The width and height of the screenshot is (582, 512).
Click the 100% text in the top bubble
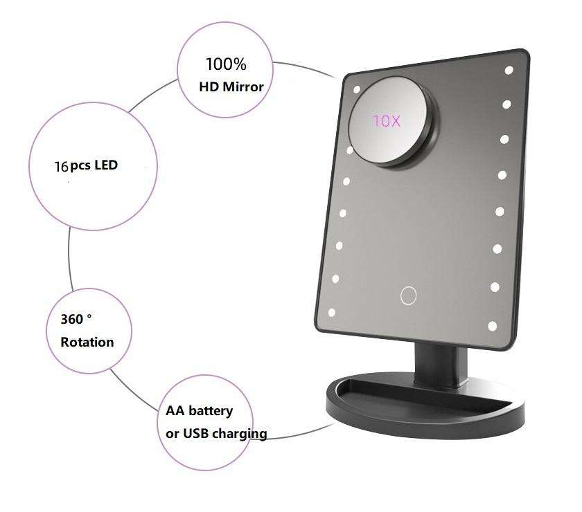pyautogui.click(x=225, y=65)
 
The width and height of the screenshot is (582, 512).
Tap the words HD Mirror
pyautogui.click(x=231, y=87)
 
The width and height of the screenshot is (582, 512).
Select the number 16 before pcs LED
pyautogui.click(x=61, y=167)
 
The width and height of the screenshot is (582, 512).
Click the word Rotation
pyautogui.click(x=87, y=342)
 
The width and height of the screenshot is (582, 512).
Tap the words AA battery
pyautogui.click(x=200, y=410)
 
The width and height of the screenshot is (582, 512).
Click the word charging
pyautogui.click(x=242, y=435)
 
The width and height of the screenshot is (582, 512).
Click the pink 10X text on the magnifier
pyautogui.click(x=387, y=120)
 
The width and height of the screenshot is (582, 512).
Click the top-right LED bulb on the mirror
pyautogui.click(x=509, y=71)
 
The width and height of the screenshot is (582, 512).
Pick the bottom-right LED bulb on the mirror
pyautogui.click(x=493, y=324)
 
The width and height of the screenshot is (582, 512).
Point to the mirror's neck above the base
pyautogui.click(x=435, y=366)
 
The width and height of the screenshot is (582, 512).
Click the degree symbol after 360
pyautogui.click(x=89, y=316)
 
